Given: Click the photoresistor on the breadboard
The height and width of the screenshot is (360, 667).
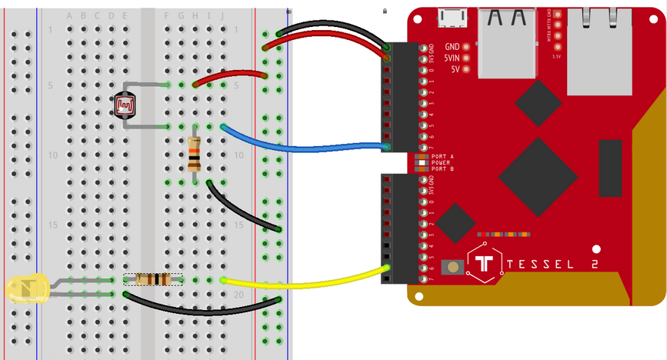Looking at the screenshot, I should pyautogui.click(x=125, y=103).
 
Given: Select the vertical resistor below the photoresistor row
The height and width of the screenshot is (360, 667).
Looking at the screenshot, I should pyautogui.click(x=195, y=153).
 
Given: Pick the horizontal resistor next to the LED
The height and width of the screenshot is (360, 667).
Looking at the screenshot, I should pyautogui.click(x=152, y=279).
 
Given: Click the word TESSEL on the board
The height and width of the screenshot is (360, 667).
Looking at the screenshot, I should pyautogui.click(x=552, y=264).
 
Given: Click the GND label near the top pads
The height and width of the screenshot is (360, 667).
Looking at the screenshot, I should pyautogui.click(x=452, y=47).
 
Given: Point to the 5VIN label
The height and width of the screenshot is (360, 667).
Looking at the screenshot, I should pyautogui.click(x=451, y=58).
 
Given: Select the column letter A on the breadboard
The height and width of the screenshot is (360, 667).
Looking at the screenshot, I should pyautogui.click(x=70, y=15).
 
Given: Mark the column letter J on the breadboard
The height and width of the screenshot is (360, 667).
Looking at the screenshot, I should pyautogui.click(x=222, y=15).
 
